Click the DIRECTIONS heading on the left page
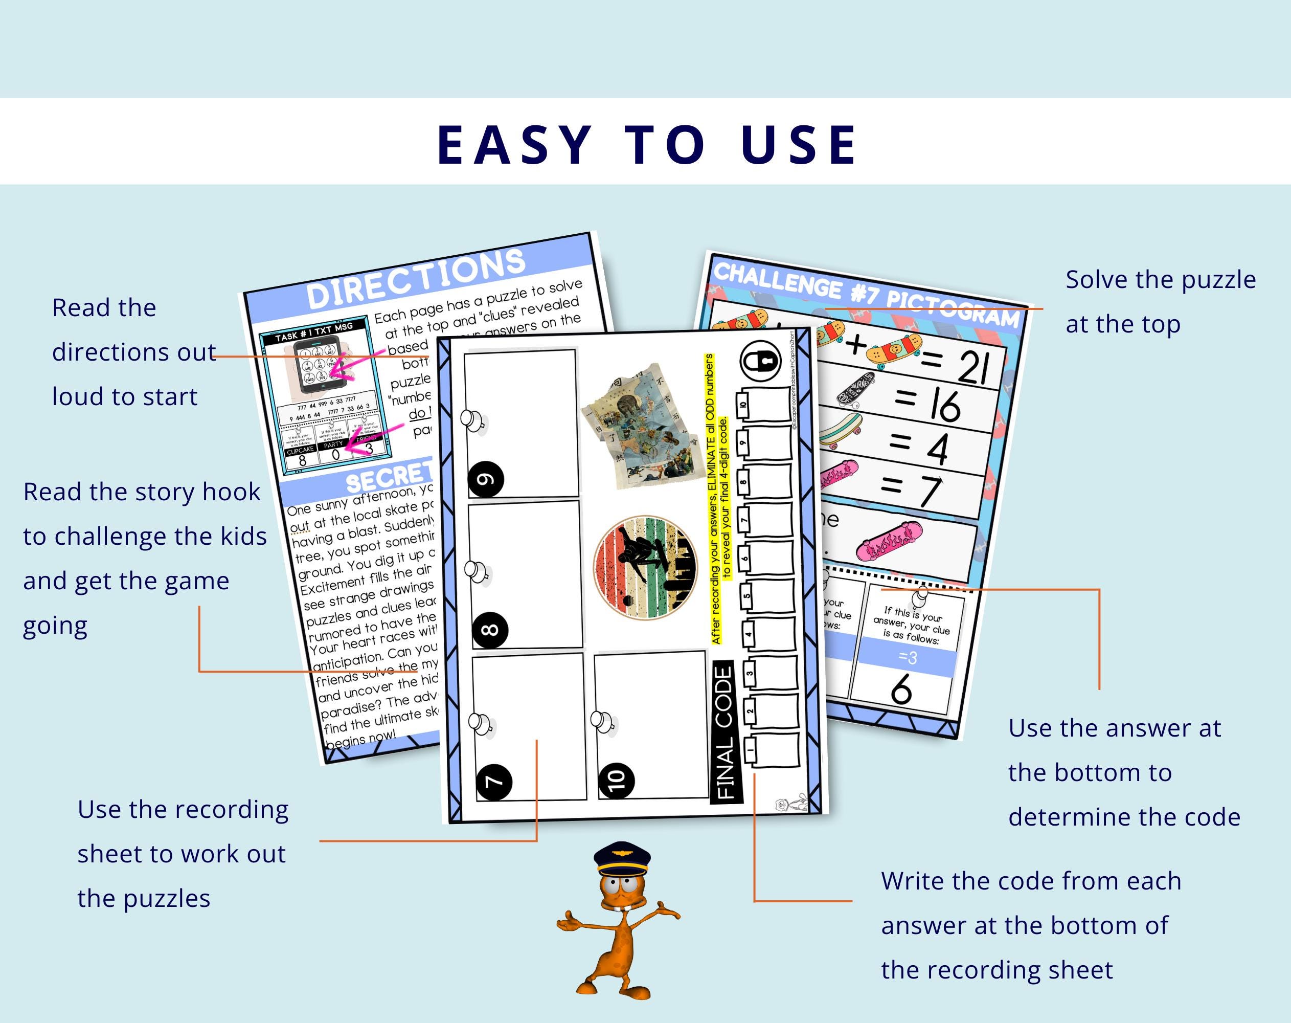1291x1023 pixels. pyautogui.click(x=416, y=279)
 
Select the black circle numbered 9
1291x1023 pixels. pyautogui.click(x=486, y=479)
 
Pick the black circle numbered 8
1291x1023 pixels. pyautogui.click(x=490, y=630)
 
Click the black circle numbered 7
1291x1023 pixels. pyautogui.click(x=494, y=782)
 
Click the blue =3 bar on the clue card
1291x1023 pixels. pyautogui.click(x=907, y=658)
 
